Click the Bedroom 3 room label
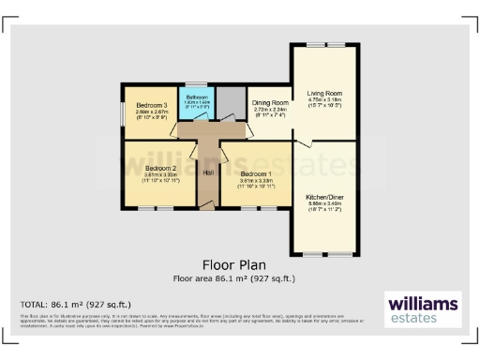[151, 105]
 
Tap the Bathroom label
[196, 97]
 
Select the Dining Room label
[268, 103]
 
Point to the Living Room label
[325, 94]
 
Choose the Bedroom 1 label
[256, 173]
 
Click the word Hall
[207, 173]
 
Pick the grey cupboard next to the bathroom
[230, 100]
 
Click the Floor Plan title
[233, 265]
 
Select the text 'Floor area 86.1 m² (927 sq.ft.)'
[233, 278]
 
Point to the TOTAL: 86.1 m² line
[76, 305]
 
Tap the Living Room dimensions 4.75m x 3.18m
[325, 100]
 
